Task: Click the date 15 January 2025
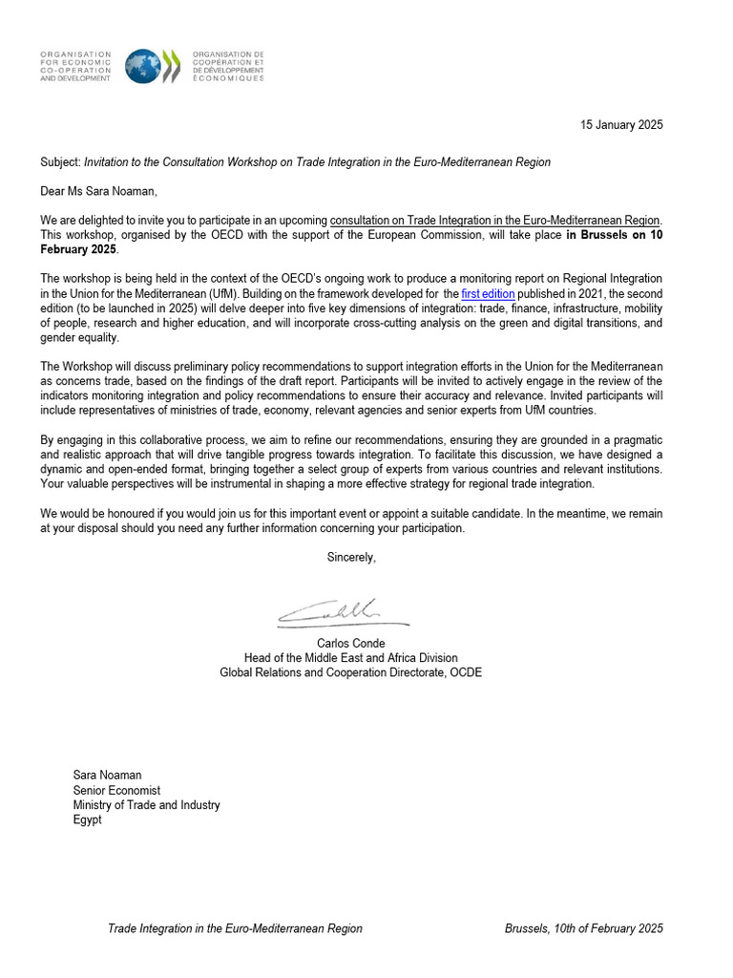pos(621,125)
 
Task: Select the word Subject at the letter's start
pos(60,162)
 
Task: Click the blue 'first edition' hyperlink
pos(488,294)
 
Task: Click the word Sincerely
pos(351,558)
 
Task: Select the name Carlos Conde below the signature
pos(350,644)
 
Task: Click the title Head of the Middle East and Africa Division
pos(350,658)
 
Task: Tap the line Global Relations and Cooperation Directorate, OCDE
pos(350,672)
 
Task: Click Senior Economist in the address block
pos(116,791)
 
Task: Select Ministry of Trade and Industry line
pos(146,805)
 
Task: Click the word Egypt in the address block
pos(87,819)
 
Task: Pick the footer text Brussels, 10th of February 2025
pos(583,928)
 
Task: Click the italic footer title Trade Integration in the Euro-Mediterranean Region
pos(235,928)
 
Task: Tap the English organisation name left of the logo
pos(75,66)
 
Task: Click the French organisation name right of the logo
pos(229,66)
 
